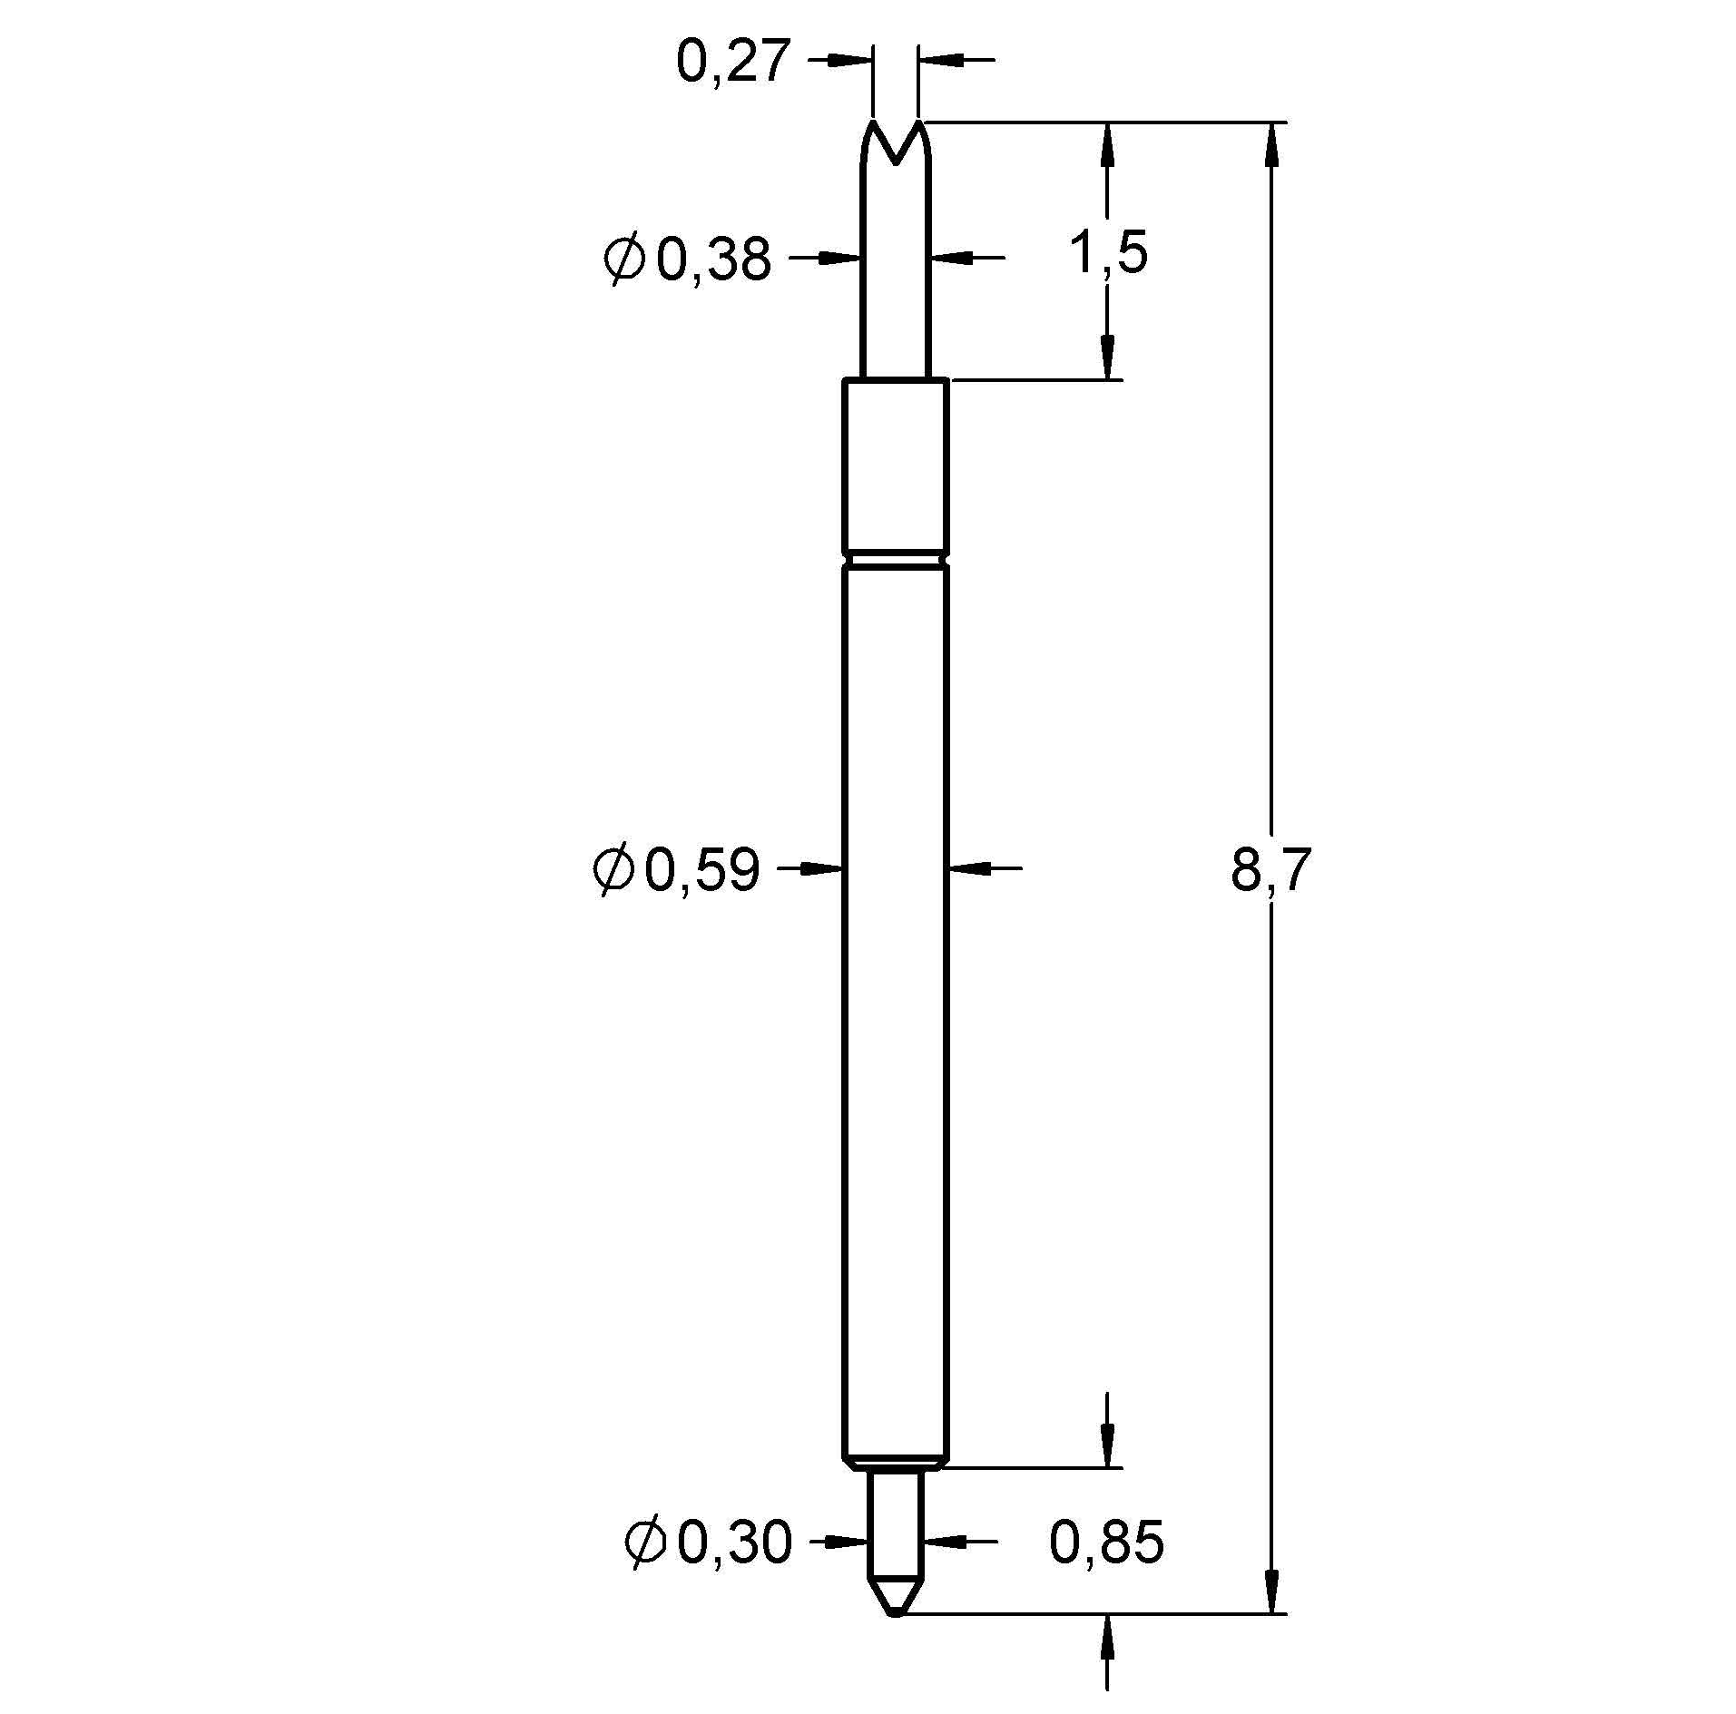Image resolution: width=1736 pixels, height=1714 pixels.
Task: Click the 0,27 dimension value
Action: click(x=732, y=63)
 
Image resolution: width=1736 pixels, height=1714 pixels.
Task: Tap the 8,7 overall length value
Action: click(x=1270, y=870)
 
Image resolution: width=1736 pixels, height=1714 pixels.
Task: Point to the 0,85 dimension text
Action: click(x=1105, y=1543)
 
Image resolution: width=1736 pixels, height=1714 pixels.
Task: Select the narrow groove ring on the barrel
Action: click(x=896, y=560)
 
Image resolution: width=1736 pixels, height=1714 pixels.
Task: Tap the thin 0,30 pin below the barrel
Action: click(x=896, y=1533)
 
